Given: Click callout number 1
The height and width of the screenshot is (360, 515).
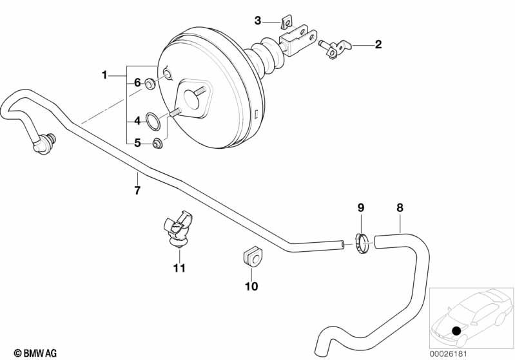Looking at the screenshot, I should [x=104, y=75].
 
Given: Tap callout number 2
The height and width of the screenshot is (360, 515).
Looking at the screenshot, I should [x=378, y=44].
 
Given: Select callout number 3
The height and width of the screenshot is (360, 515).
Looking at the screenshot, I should [x=258, y=21].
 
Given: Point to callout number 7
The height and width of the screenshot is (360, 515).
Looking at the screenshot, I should [x=137, y=190].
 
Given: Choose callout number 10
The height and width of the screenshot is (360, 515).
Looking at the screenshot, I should [x=251, y=286].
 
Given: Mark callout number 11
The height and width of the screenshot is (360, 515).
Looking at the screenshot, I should [x=179, y=267].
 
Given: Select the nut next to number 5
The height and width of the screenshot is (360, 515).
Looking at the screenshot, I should [x=157, y=142].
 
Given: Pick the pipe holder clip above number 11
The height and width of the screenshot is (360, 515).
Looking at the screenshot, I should [x=175, y=229].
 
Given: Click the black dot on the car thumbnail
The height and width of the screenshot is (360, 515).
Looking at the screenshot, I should [x=456, y=331].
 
